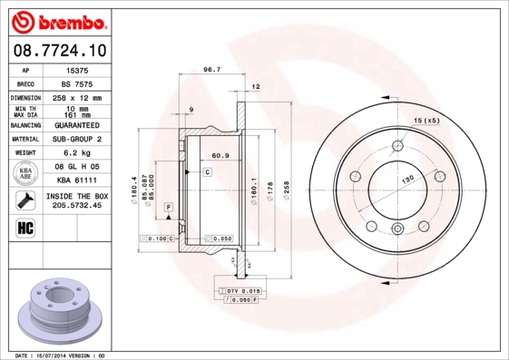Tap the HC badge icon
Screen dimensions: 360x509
coord(25,226)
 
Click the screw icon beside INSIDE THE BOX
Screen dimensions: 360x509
coord(25,200)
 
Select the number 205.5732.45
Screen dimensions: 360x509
coord(77,206)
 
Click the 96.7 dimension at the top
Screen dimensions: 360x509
coord(211,70)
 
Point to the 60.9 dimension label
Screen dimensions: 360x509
coord(220,155)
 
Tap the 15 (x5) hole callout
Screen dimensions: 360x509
coord(426,121)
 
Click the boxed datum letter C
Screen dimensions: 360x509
coord(207,171)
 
